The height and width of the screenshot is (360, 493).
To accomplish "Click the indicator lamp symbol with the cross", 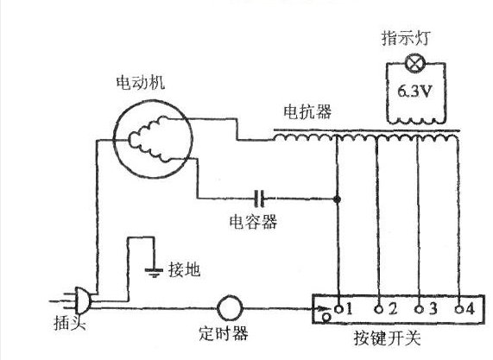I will point(414,63).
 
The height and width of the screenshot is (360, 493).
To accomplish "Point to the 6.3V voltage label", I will point(415,91).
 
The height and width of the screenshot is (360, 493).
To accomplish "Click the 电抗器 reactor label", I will point(304,112).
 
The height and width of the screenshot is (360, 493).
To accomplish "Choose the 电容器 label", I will point(258,222).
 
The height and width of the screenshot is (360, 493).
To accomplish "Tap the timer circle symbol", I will point(231,308).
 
